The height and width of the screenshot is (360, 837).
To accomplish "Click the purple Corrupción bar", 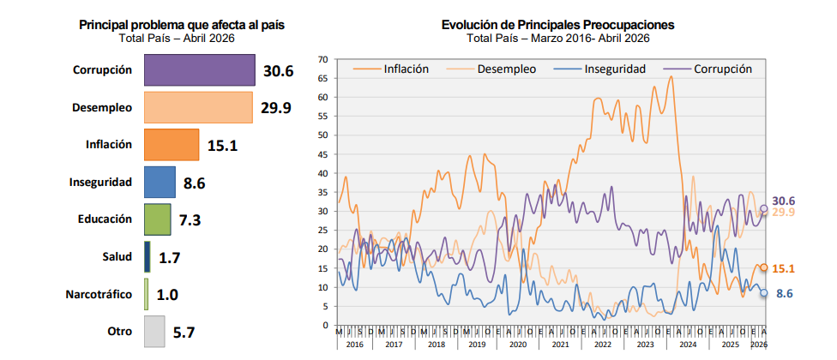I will (x=199, y=70).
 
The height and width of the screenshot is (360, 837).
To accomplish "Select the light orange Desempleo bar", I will (x=197, y=107).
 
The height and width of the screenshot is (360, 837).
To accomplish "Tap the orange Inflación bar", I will (x=172, y=145).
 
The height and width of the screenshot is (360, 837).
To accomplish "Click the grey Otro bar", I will (x=154, y=331).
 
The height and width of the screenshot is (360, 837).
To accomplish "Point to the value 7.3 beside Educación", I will (x=190, y=220).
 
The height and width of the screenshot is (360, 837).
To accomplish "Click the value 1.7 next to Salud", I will (x=169, y=257).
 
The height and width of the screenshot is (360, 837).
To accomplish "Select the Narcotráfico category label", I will (x=99, y=294).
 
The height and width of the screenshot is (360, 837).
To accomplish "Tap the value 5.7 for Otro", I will (x=185, y=332).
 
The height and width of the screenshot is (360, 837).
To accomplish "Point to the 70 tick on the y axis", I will (x=322, y=59).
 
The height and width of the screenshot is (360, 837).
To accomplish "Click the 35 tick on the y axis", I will (x=322, y=192).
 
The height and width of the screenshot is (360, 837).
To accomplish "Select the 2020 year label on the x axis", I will (x=518, y=344).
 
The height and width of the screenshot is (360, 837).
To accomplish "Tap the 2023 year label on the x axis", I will (x=644, y=344).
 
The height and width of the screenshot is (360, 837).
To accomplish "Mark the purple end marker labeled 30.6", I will (x=764, y=208).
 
